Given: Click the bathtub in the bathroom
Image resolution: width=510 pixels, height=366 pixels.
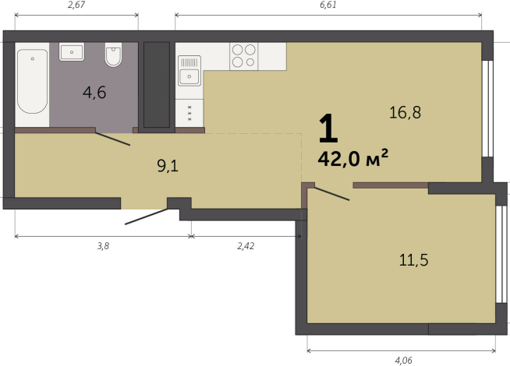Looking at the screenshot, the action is click(32, 81).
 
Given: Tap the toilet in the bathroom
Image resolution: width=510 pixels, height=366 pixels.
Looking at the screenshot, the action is click(114, 55).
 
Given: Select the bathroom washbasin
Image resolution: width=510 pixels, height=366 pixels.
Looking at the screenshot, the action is click(72, 51).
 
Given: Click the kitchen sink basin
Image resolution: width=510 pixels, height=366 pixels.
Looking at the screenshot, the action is click(189, 76).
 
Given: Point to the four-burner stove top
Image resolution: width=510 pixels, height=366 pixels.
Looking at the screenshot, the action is click(243, 56).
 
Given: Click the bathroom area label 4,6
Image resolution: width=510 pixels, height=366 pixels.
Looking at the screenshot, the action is click(94, 93).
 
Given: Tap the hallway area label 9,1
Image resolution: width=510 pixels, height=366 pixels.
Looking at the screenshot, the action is click(168, 166).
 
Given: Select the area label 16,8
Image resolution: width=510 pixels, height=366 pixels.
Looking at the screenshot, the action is click(405, 112).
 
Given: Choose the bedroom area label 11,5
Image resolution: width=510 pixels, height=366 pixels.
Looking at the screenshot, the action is click(413, 260).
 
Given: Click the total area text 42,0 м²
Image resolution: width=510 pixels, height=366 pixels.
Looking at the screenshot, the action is click(353, 158).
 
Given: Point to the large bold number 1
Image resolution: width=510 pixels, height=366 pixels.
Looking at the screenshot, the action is click(328, 128).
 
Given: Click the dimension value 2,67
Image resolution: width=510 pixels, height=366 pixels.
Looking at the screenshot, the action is click(76, 5).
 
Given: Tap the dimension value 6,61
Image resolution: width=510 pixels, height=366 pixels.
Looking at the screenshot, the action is click(328, 5).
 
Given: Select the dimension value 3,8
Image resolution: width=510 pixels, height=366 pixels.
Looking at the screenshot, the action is click(103, 246).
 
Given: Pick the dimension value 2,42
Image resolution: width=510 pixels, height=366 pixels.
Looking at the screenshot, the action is click(246, 246).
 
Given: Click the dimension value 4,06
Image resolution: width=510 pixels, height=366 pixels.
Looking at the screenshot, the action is click(403, 360).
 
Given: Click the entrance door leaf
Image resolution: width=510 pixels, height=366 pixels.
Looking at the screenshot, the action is click(147, 216).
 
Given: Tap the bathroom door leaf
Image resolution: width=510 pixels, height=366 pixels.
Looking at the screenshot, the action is click(113, 139).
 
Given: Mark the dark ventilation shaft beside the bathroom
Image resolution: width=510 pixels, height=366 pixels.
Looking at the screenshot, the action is click(157, 85).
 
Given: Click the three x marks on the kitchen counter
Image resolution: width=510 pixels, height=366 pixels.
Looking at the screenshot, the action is click(189, 113).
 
